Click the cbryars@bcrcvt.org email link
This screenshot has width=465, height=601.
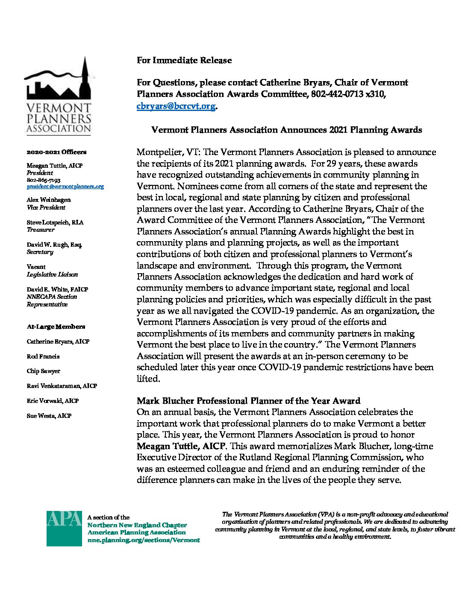point(176,106)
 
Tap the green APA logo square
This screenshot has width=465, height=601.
point(64,528)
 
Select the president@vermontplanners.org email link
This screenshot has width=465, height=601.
point(65,187)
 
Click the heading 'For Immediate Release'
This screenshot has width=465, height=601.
point(184,60)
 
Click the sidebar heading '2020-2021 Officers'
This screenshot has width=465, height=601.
point(56,152)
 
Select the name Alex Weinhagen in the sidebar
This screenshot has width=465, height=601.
point(49,200)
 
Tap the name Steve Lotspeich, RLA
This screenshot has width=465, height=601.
point(55,222)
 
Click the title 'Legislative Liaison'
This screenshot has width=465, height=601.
point(52,274)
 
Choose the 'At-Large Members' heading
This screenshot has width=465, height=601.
point(56,327)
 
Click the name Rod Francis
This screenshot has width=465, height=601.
point(43,356)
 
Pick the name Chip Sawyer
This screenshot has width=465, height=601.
point(44,371)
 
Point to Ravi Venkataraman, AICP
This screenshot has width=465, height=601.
point(62,386)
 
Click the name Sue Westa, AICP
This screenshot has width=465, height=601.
point(49,416)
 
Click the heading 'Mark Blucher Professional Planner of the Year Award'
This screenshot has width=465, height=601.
point(248,401)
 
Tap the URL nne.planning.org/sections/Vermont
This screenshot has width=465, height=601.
point(144,540)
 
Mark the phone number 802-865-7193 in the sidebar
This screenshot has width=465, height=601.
point(44,180)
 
